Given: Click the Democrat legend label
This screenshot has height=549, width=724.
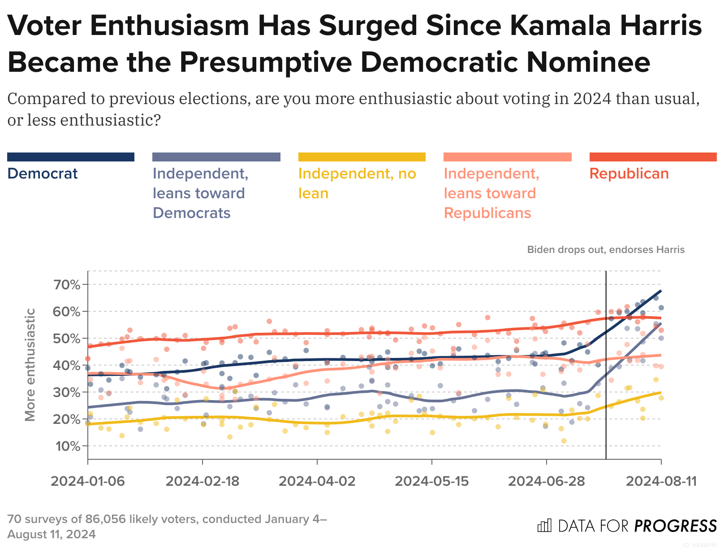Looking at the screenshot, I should coord(43,174).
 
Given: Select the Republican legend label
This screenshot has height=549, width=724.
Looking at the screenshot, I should coord(629,174).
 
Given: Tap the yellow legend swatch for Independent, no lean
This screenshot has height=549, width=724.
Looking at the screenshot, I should coord(362,157).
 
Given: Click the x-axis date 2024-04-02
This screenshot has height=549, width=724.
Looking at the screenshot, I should coord(317,481).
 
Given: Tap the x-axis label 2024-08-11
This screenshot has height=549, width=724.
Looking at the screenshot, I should coord(661,481).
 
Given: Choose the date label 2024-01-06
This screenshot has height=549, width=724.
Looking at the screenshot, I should coord(88,481).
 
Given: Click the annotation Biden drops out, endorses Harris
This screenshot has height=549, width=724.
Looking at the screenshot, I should coord(606,250).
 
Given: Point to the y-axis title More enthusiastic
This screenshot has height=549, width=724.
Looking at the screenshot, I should coord(30,365).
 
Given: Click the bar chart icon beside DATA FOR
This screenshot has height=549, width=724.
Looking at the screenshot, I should coord(544,526).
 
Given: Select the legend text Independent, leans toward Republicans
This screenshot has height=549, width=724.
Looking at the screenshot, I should coord(491,193).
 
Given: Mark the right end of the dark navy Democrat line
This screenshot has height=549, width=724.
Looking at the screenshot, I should coord(661,291).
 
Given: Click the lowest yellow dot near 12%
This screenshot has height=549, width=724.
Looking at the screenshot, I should coord(564,441).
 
